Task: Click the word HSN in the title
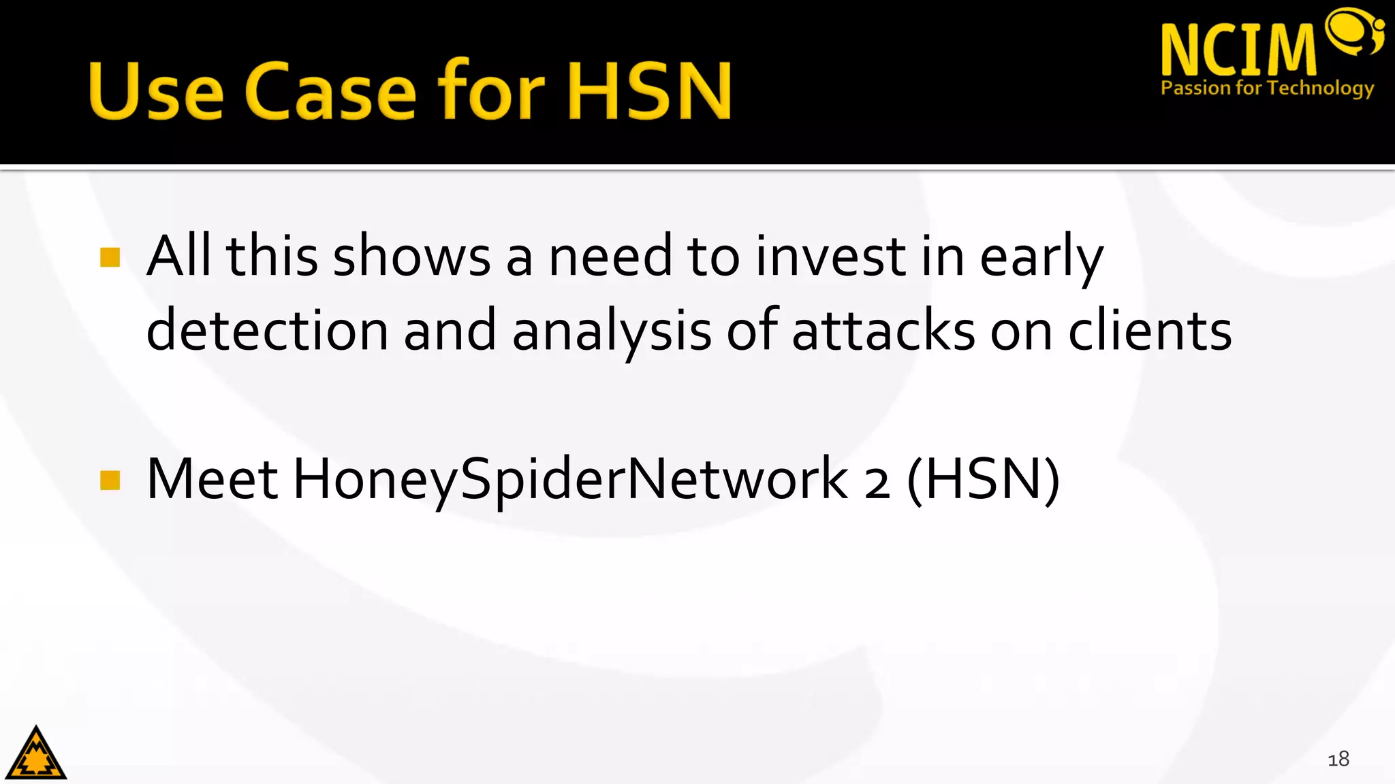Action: pos(649,91)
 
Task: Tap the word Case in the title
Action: pos(330,91)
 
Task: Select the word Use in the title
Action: pos(155,91)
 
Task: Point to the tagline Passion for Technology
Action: pos(1267,88)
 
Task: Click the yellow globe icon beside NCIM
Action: pos(1354,31)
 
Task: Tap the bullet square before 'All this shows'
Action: pos(110,257)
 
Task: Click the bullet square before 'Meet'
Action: pos(110,480)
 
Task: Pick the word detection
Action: pos(267,331)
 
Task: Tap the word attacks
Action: pos(883,331)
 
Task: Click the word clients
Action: pos(1150,331)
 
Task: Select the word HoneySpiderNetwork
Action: pos(571,480)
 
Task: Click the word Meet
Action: pos(213,480)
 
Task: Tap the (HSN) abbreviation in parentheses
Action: pos(984,480)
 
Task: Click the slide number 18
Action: pos(1338,759)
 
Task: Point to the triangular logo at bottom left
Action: pos(36,754)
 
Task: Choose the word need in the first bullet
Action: pos(611,257)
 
